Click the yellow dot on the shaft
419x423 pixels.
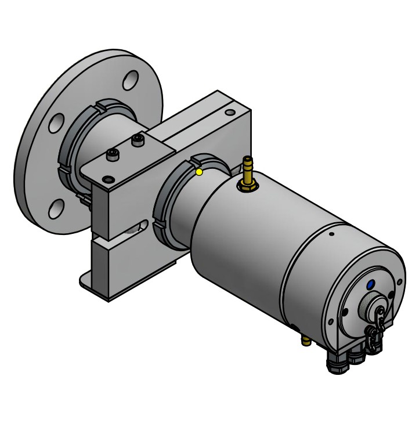[x=199, y=172]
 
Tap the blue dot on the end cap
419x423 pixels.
[x=370, y=285]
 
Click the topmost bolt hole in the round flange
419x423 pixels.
[x=131, y=80]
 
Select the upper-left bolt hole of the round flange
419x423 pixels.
[x=56, y=122]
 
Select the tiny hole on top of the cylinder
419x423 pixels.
[x=331, y=234]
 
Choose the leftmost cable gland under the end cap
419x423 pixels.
[x=335, y=364]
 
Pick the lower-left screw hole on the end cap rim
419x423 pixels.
[x=330, y=321]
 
